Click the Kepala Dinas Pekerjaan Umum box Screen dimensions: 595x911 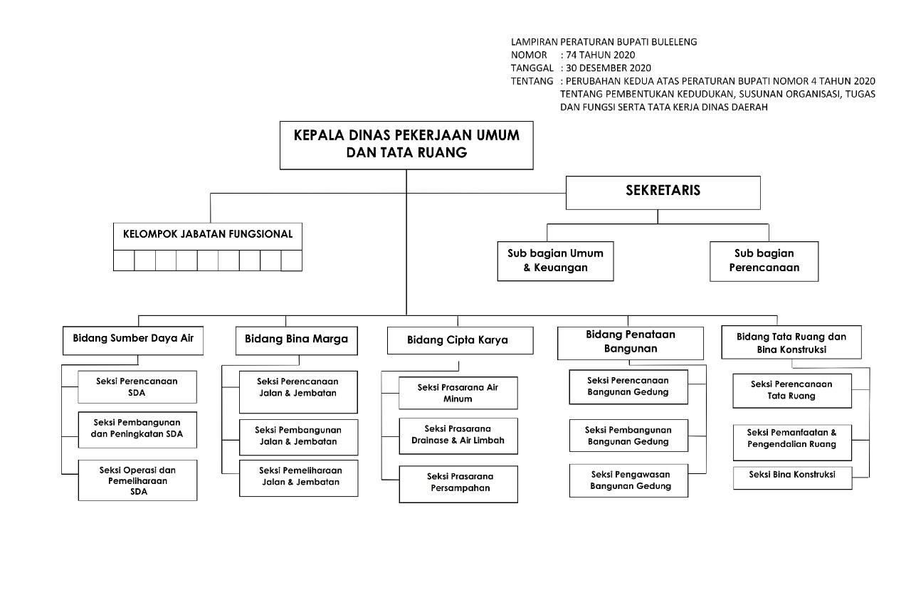pyautogui.click(x=406, y=144)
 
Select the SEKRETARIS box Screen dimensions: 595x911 pyautogui.click(x=663, y=191)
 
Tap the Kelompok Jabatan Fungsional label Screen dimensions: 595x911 pyautogui.click(x=208, y=234)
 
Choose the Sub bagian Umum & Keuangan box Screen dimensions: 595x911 pyautogui.click(x=555, y=260)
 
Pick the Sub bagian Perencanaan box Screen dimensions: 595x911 pyautogui.click(x=764, y=260)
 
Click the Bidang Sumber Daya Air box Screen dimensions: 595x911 pyautogui.click(x=133, y=339)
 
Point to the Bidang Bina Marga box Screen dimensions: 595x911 pyautogui.click(x=296, y=339)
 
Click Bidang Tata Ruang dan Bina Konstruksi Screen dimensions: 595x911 pyautogui.click(x=791, y=342)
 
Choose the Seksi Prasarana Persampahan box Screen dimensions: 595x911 pyautogui.click(x=458, y=483)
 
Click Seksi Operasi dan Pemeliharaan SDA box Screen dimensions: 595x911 pyautogui.click(x=137, y=480)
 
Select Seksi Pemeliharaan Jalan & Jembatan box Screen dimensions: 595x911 pyautogui.click(x=298, y=477)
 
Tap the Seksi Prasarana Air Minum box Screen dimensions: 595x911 pyautogui.click(x=458, y=393)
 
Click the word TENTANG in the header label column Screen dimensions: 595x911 pyautogui.click(x=532, y=81)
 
